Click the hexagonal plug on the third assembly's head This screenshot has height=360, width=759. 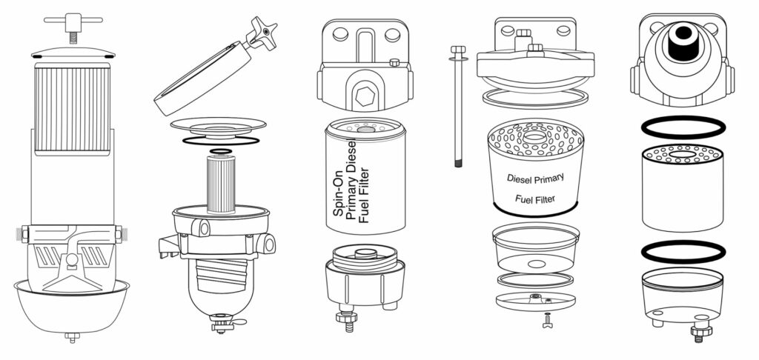tap(363, 95)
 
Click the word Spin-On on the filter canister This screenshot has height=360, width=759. tap(337, 200)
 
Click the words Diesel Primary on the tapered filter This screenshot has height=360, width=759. tap(535, 178)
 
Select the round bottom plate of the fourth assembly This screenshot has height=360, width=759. tap(536, 302)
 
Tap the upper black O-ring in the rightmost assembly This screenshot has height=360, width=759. tap(682, 127)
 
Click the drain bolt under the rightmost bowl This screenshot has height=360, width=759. tap(698, 329)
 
